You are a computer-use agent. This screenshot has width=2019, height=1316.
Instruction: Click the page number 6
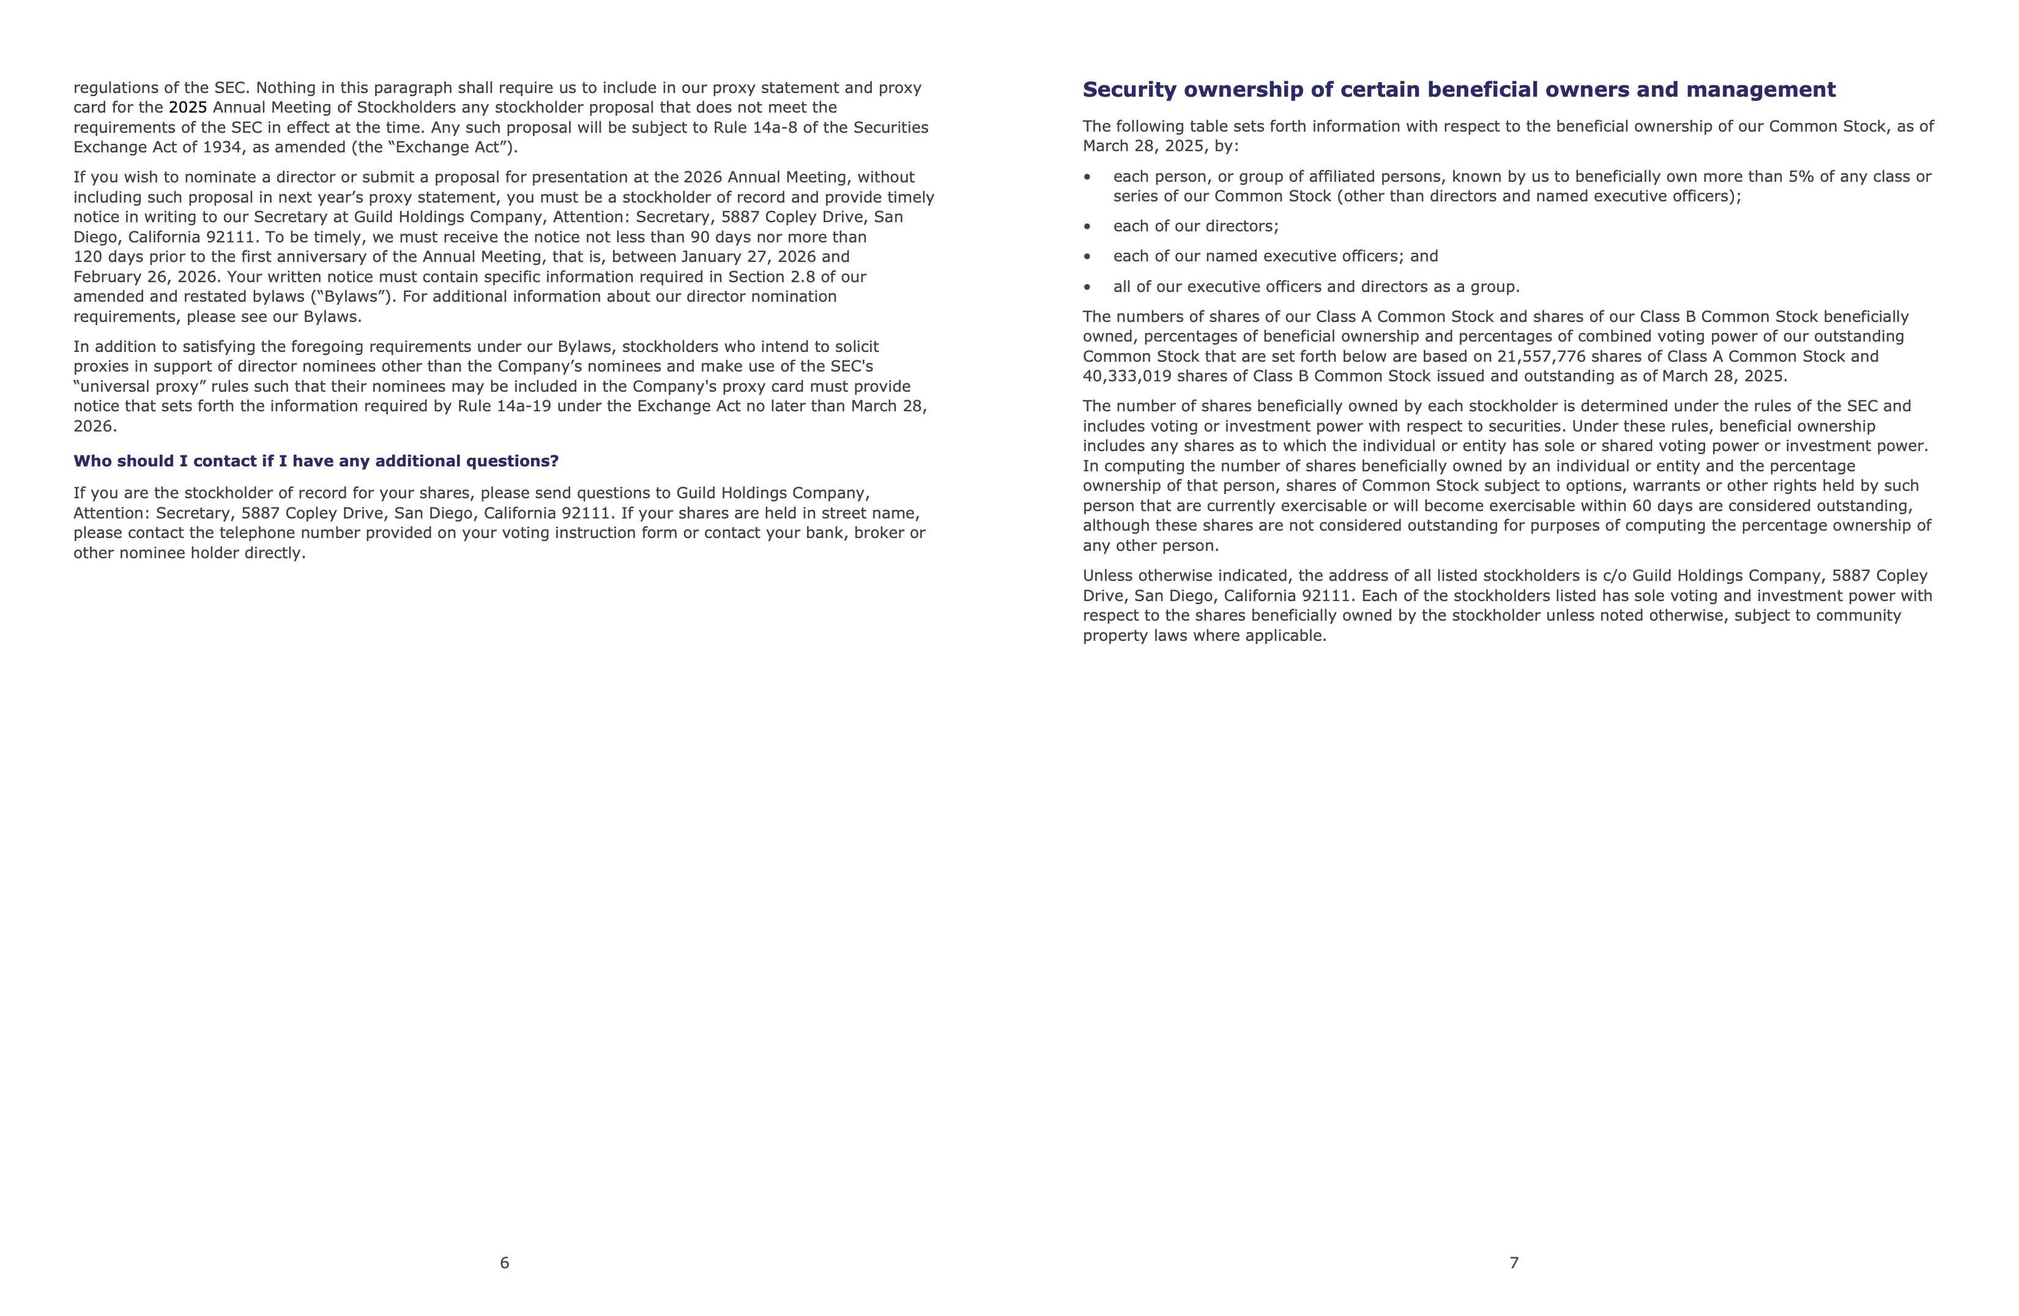coord(504,1263)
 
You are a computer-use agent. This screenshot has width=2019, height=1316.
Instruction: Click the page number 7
coord(1514,1263)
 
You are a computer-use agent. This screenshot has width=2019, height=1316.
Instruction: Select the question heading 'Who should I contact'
coord(316,461)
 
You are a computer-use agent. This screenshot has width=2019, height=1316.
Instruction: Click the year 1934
coord(222,147)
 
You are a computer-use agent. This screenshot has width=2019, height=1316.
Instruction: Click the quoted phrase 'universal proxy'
coord(141,386)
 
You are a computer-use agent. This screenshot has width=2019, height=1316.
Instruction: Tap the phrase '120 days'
coord(108,256)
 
